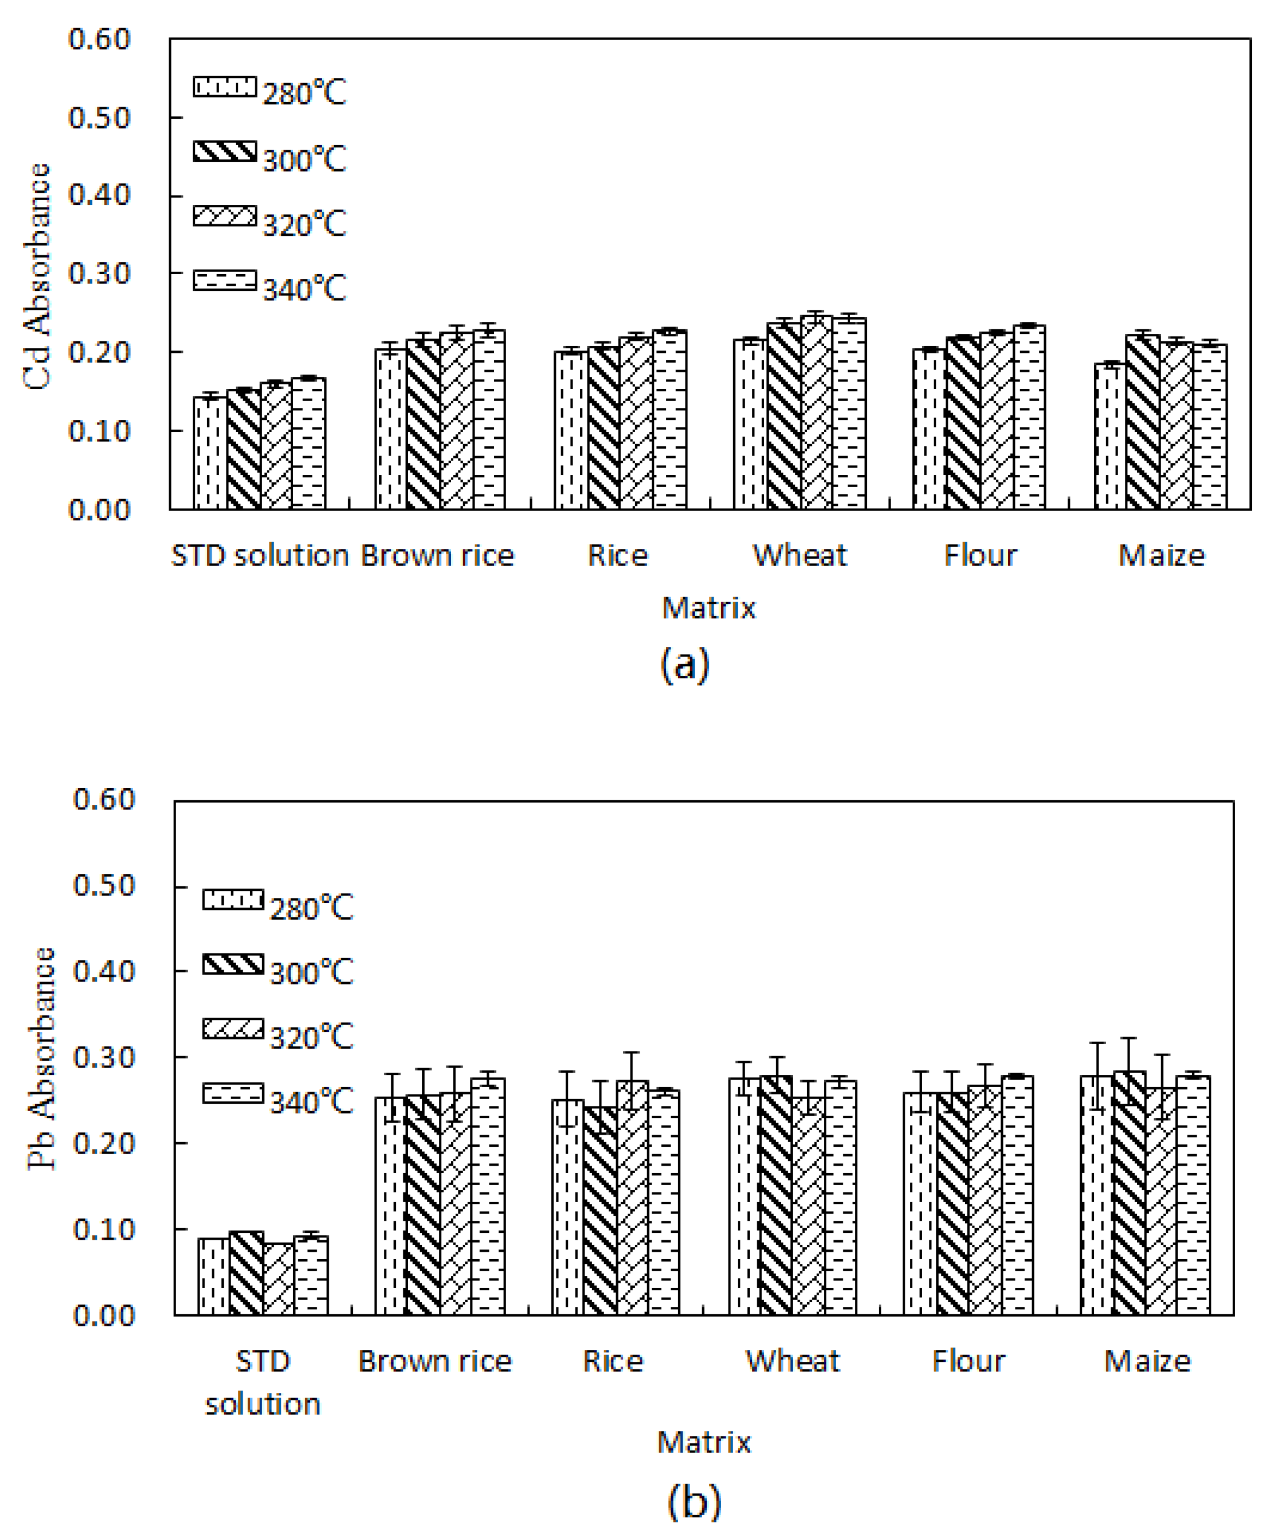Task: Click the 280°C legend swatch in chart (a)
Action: coord(224,87)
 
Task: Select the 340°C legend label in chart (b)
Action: coord(312,1101)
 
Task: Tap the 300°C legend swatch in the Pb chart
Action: coord(232,964)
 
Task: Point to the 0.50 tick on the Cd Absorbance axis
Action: coord(99,118)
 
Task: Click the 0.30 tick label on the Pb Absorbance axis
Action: coord(104,1057)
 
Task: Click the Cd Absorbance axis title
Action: coord(37,277)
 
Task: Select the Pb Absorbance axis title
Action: coord(42,1058)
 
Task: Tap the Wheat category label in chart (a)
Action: coord(800,555)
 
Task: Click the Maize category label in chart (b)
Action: coord(1147,1361)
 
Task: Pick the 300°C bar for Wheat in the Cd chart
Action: coord(784,416)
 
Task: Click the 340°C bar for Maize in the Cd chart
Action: coord(1210,427)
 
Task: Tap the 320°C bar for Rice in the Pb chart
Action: coord(632,1199)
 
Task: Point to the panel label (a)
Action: coord(684,664)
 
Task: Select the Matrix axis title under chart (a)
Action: coord(707,608)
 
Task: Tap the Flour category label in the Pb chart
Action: coord(968,1361)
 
